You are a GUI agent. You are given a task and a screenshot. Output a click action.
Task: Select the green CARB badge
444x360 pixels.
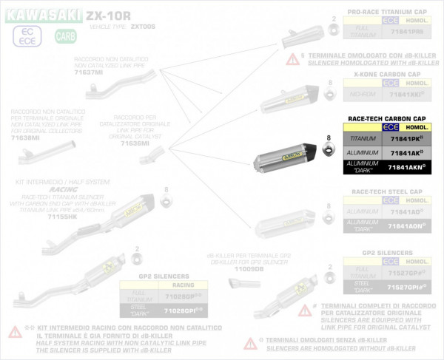click(65, 35)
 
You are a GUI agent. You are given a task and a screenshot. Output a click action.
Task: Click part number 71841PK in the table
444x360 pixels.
click(406, 138)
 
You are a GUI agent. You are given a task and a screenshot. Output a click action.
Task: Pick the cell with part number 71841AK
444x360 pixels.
click(406, 152)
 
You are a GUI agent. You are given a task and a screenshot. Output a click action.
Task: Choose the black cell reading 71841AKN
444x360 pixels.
click(406, 167)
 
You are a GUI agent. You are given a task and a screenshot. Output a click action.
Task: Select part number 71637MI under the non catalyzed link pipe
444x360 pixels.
click(88, 72)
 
